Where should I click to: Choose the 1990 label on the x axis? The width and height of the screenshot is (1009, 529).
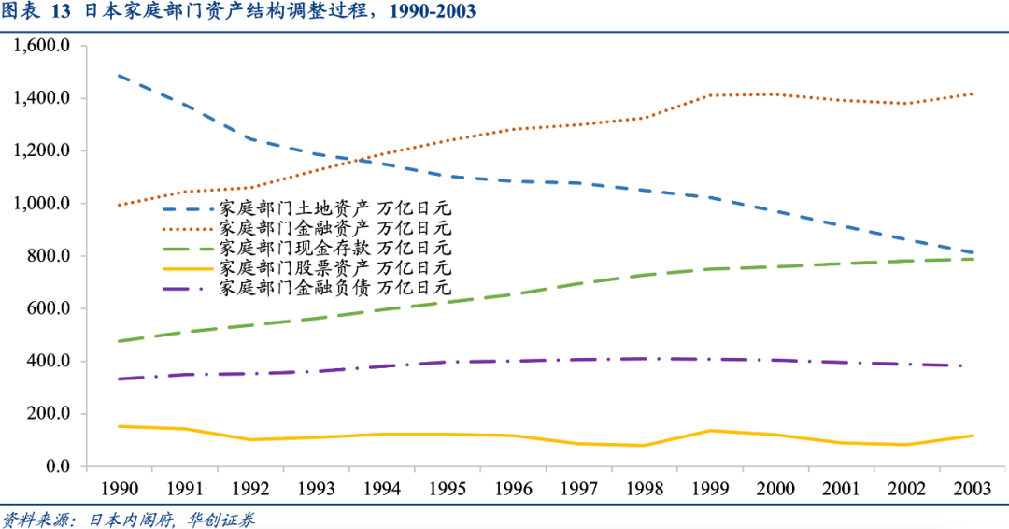coord(119,490)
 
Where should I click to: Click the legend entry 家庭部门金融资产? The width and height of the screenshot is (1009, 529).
coord(295,227)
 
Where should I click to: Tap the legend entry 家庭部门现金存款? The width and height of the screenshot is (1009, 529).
coord(295,248)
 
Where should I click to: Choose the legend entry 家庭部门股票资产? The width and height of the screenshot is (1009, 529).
coord(295,268)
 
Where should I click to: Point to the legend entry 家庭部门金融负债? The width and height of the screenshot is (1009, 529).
coord(295,288)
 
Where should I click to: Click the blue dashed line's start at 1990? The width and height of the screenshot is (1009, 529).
coord(119,75)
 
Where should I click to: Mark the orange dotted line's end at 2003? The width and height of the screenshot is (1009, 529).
coord(972,93)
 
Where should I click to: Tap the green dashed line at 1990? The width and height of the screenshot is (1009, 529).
coord(119,341)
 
